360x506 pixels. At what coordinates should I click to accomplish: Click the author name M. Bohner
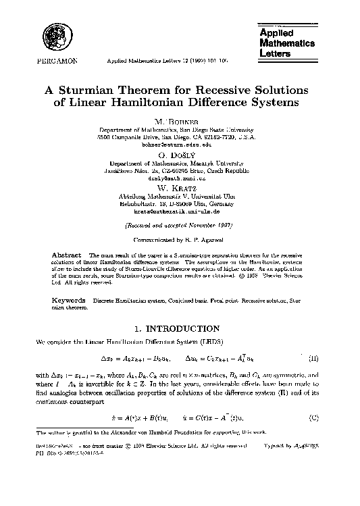[x=180, y=120]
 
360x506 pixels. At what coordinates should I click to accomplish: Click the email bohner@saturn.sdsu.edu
[x=180, y=145]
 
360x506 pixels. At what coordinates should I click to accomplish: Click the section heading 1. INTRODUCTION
[x=180, y=329]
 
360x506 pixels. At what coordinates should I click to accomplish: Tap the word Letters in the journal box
[x=275, y=52]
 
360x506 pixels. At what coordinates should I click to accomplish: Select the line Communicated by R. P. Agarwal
[x=180, y=238]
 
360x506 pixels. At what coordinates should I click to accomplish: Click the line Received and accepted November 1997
[x=180, y=224]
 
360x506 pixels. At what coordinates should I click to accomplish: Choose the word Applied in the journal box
[x=276, y=33]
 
